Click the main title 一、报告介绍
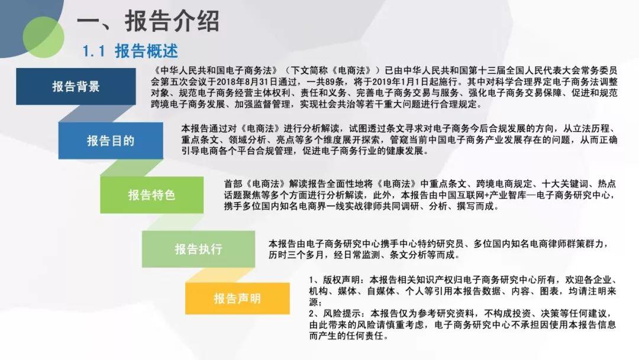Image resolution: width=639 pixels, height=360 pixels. (x=148, y=21)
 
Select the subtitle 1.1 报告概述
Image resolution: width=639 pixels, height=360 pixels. (x=130, y=51)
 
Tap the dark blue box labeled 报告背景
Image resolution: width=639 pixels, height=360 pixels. (x=76, y=86)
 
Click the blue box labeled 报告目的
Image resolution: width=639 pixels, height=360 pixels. (x=111, y=141)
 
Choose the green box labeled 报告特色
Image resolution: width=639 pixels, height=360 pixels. (x=151, y=195)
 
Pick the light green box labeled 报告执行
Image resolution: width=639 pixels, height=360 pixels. (x=198, y=249)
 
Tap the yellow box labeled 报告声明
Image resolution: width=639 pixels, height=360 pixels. (x=237, y=298)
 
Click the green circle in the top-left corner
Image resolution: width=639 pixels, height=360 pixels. (x=43, y=37)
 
